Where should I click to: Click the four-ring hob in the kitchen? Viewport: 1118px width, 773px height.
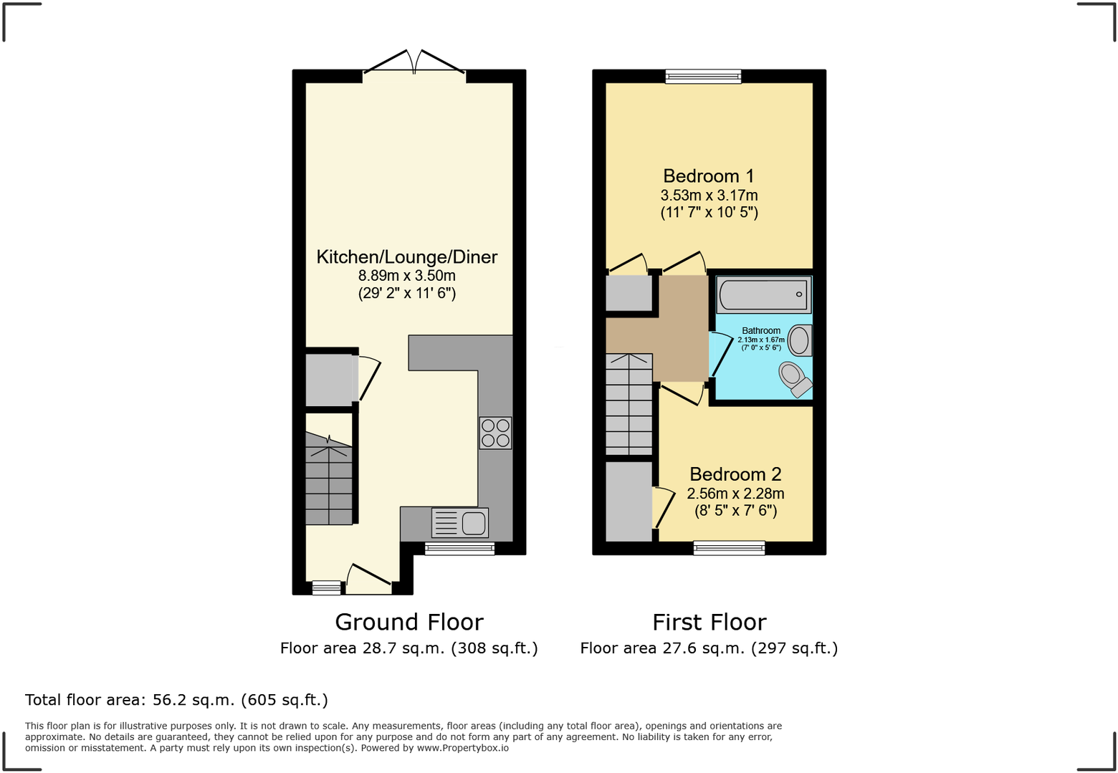[495, 433]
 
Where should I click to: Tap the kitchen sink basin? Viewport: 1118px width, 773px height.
[474, 523]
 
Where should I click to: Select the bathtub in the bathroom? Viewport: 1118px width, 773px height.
[763, 294]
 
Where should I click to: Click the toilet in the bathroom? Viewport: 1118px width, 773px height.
[795, 378]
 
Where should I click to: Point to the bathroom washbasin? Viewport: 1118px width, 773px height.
[800, 340]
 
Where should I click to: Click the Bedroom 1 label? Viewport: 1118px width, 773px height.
[708, 176]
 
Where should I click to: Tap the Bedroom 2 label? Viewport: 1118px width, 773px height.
[735, 474]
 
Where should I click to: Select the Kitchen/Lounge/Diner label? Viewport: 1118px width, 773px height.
[406, 257]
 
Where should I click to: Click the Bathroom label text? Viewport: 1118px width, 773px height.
[761, 331]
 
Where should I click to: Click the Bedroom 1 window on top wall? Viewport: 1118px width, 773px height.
[703, 76]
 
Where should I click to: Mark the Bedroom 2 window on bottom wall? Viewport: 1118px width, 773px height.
[729, 548]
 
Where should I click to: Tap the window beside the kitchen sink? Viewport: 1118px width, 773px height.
[459, 549]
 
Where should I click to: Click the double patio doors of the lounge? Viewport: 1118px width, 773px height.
[415, 64]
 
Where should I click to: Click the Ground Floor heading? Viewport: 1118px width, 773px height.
[408, 622]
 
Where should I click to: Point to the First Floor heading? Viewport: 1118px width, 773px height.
[709, 622]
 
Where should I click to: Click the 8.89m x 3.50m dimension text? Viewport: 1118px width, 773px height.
[406, 276]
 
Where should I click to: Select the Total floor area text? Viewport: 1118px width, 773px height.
[176, 700]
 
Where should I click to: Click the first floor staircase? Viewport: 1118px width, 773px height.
[629, 405]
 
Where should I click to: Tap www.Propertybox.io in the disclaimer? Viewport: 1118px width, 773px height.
[462, 748]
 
